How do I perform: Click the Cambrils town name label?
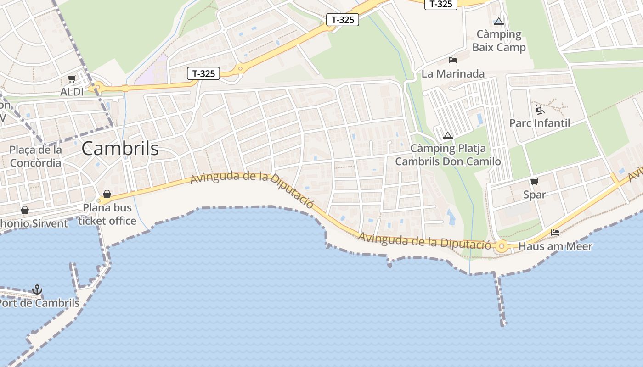(120, 148)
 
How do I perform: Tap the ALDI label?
(72, 92)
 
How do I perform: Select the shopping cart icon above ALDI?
(72, 79)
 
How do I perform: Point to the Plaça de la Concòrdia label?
(35, 156)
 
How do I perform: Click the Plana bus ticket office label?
(107, 214)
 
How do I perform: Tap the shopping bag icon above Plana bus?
(107, 194)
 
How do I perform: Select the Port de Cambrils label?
(39, 303)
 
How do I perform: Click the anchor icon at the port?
(37, 289)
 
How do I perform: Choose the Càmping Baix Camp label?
(499, 41)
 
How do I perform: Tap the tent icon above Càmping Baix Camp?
(499, 21)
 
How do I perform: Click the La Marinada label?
(453, 73)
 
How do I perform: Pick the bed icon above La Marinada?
(453, 60)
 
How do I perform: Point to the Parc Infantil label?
(540, 123)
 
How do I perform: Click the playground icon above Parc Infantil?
(540, 110)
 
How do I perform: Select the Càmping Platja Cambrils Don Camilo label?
(448, 155)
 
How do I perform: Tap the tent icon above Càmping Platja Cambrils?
(448, 135)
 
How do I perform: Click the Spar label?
(535, 195)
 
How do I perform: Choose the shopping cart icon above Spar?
(535, 181)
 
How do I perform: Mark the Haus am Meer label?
(555, 246)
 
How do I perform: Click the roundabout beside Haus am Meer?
(502, 246)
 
